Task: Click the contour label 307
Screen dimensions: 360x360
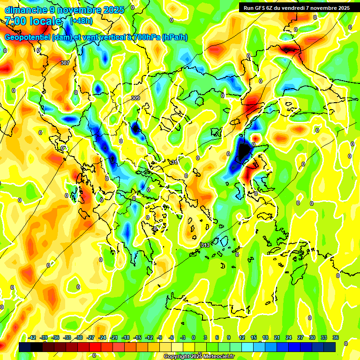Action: [65, 63]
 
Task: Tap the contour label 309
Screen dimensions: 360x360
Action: [135, 98]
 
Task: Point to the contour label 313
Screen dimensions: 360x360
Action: [205, 245]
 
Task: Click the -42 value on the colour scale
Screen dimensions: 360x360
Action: [32, 337]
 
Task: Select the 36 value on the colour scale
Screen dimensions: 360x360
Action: [336, 337]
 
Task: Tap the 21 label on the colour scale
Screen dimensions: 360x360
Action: [277, 337]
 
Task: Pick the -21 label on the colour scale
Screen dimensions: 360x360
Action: [114, 337]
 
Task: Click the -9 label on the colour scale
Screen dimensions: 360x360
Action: [160, 337]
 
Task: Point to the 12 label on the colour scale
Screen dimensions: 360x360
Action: [242, 337]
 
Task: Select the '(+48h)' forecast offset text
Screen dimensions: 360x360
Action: [81, 21]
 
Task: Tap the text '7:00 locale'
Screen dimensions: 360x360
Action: [34, 21]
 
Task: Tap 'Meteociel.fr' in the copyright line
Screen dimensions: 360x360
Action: [217, 357]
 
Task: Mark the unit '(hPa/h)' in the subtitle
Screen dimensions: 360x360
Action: [174, 37]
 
